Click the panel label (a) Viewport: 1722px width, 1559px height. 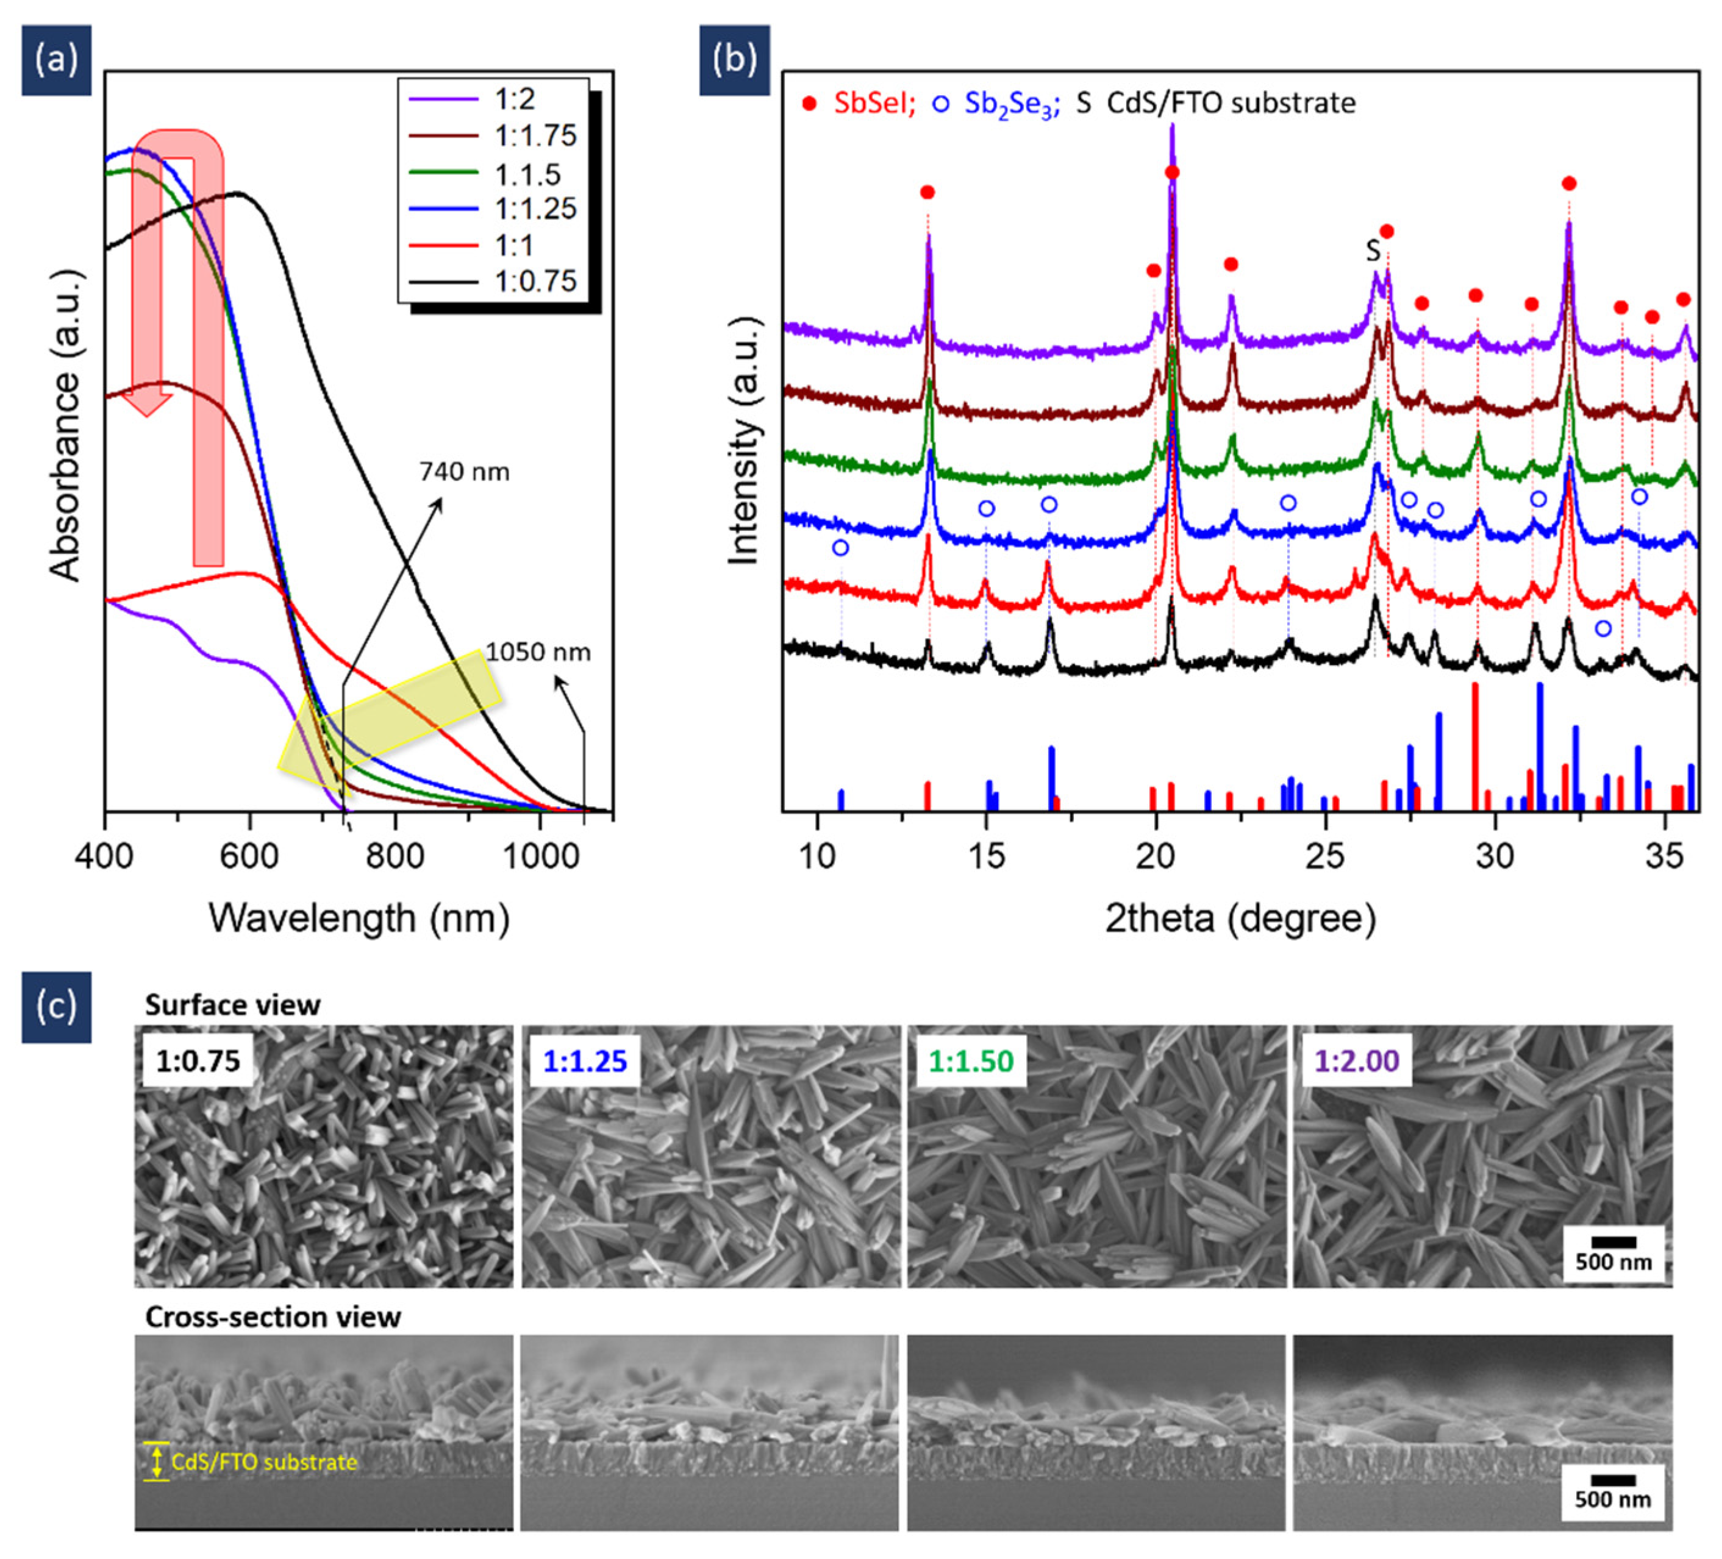pyautogui.click(x=56, y=60)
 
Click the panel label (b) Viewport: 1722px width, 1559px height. pyautogui.click(x=734, y=60)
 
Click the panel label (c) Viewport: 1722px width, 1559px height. pyautogui.click(x=56, y=1007)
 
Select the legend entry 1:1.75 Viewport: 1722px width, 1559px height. pyautogui.click(x=535, y=136)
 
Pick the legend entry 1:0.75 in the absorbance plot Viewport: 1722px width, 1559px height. pyautogui.click(x=535, y=281)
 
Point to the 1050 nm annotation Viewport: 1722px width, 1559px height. pyautogui.click(x=538, y=652)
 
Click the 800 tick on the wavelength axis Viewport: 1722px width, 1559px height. pyautogui.click(x=395, y=854)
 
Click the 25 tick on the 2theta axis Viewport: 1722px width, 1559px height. pyautogui.click(x=1325, y=854)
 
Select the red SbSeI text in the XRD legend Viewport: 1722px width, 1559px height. pyautogui.click(x=873, y=104)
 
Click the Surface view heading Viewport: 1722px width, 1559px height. pyautogui.click(x=232, y=1006)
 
